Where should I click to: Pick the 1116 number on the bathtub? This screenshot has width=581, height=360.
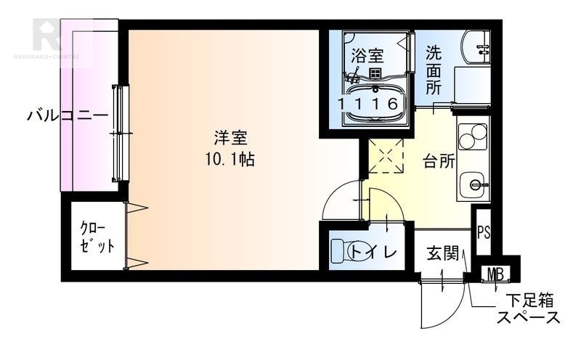pyautogui.click(x=369, y=104)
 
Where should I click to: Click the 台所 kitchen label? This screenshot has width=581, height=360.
pyautogui.click(x=439, y=161)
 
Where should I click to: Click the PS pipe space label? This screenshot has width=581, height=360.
pyautogui.click(x=484, y=234)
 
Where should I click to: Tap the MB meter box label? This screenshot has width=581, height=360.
pyautogui.click(x=497, y=274)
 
